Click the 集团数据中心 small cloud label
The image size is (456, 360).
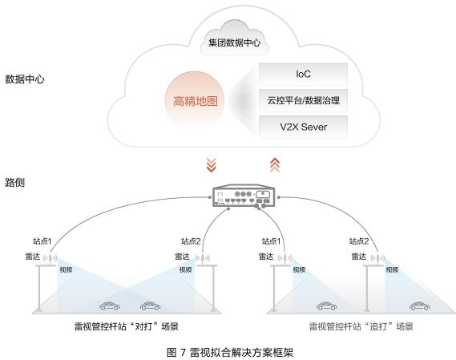(x=234, y=42)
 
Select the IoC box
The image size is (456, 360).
(x=303, y=75)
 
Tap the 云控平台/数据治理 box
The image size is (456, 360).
(x=303, y=100)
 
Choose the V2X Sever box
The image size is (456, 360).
(x=303, y=127)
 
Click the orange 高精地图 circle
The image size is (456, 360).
(x=195, y=101)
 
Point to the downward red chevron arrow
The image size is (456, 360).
(x=211, y=165)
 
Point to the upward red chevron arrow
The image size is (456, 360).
(x=275, y=165)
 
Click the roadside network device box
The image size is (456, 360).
(x=244, y=196)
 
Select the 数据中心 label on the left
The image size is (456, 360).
(x=25, y=79)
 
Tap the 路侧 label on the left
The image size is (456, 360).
(x=15, y=183)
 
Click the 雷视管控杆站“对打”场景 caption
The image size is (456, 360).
(x=127, y=326)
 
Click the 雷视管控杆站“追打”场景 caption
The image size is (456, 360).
(x=361, y=326)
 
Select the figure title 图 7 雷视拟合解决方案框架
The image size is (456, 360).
(x=230, y=353)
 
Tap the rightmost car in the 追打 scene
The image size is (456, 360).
(x=419, y=305)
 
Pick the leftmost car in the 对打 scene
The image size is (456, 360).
(x=110, y=305)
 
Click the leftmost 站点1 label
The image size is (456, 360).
(x=42, y=241)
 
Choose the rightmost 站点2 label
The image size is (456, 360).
(x=359, y=241)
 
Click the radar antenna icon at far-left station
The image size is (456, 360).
(x=50, y=258)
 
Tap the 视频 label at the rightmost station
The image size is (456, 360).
(x=392, y=269)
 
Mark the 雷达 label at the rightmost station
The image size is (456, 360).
(x=359, y=257)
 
